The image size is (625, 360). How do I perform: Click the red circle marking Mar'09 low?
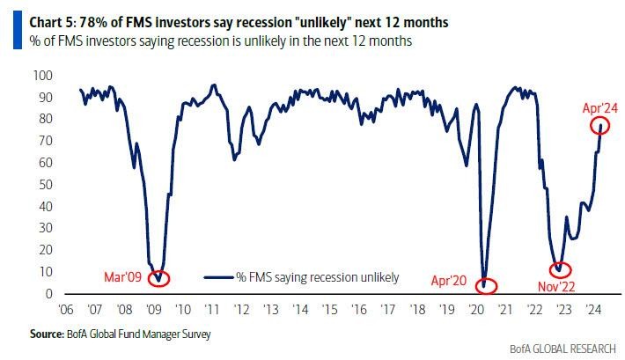click(158, 278)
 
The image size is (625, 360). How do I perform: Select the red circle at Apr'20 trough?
click(485, 285)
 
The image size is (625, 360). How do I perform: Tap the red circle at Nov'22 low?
click(560, 270)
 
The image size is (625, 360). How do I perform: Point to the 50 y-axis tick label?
click(42, 185)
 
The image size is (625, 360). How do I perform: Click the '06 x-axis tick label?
click(67, 309)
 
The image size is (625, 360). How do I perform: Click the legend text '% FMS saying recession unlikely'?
click(317, 277)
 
